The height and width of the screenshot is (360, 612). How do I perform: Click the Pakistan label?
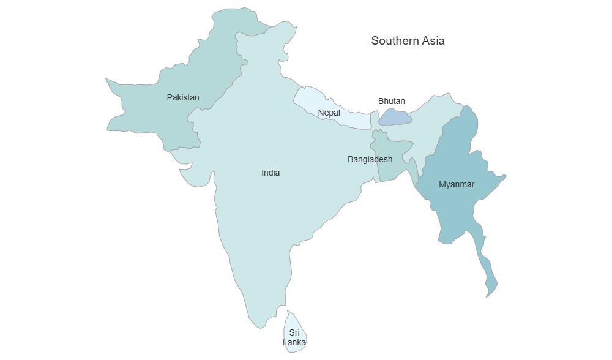(183, 97)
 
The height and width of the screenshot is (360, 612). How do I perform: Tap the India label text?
(271, 173)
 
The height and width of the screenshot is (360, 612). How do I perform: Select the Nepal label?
(329, 113)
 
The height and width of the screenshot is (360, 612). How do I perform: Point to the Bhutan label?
(391, 101)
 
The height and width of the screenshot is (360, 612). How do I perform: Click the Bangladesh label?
(370, 159)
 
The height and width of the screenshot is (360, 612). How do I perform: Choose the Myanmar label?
(457, 184)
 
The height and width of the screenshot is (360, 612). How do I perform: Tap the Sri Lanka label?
(294, 337)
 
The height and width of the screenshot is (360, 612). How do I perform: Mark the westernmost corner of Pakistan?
(107, 80)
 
